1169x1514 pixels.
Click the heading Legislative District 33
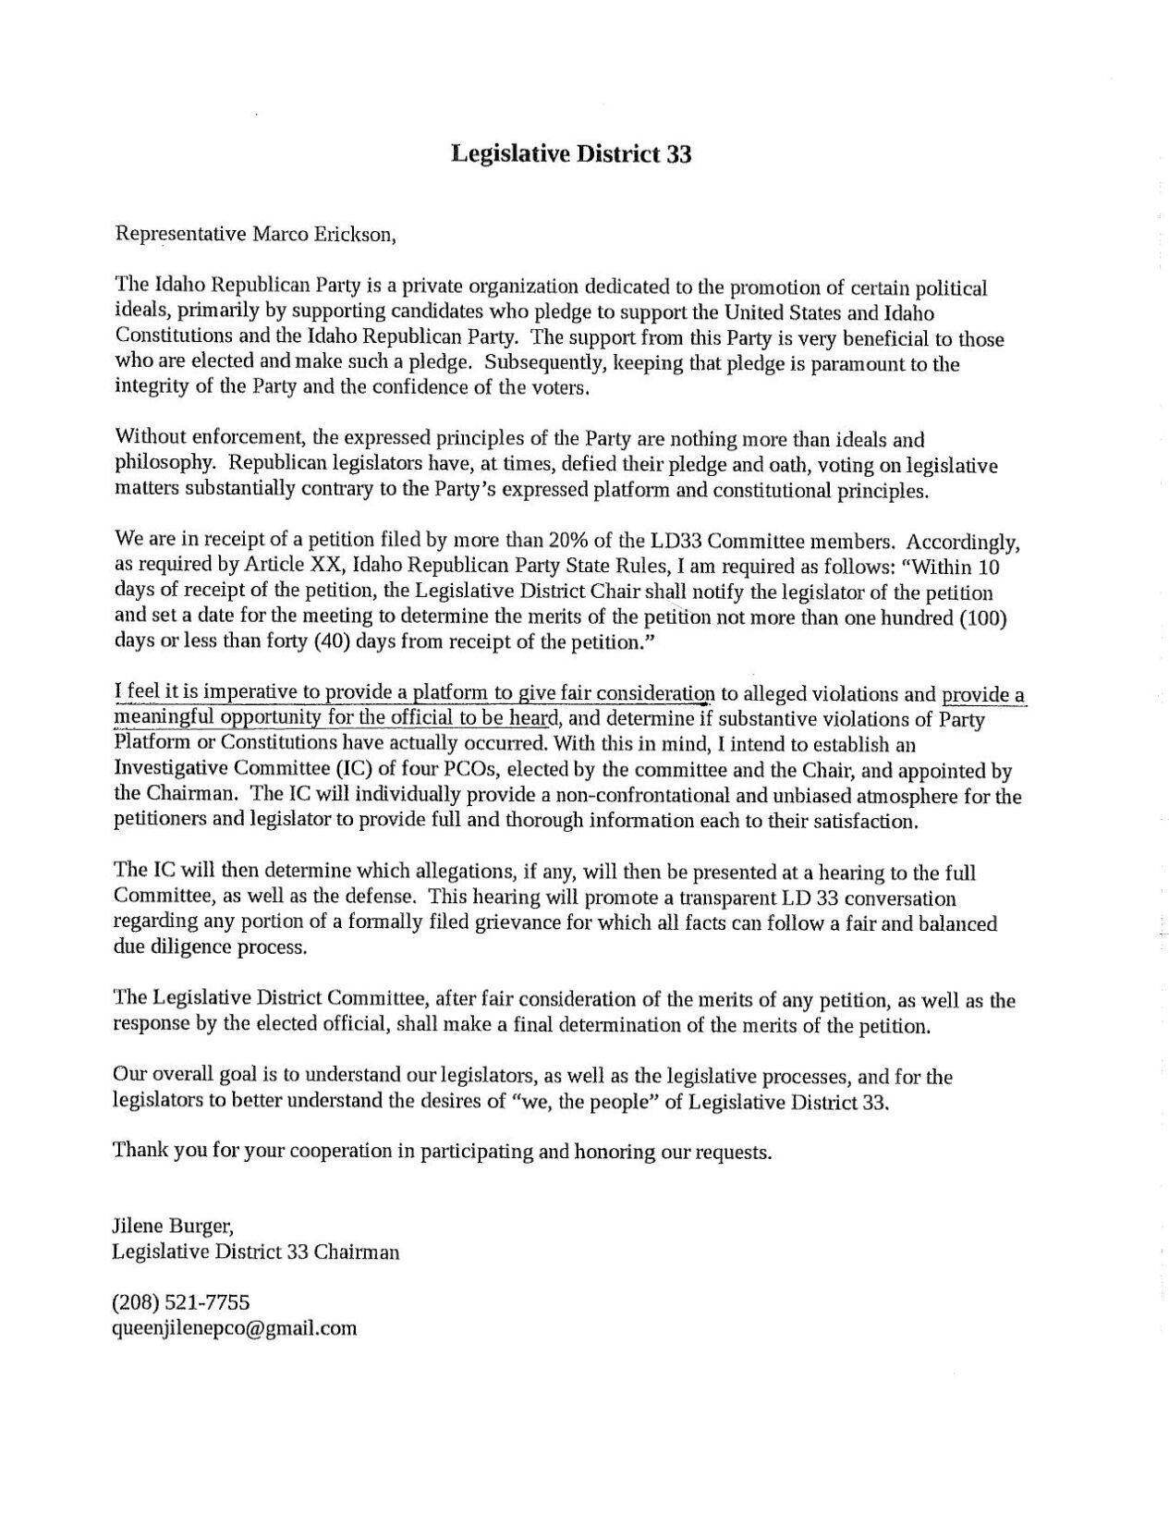[x=570, y=154]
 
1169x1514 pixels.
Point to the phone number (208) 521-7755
[x=180, y=1302]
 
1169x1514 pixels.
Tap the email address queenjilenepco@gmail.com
[x=234, y=1328]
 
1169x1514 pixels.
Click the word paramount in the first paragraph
[x=860, y=363]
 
